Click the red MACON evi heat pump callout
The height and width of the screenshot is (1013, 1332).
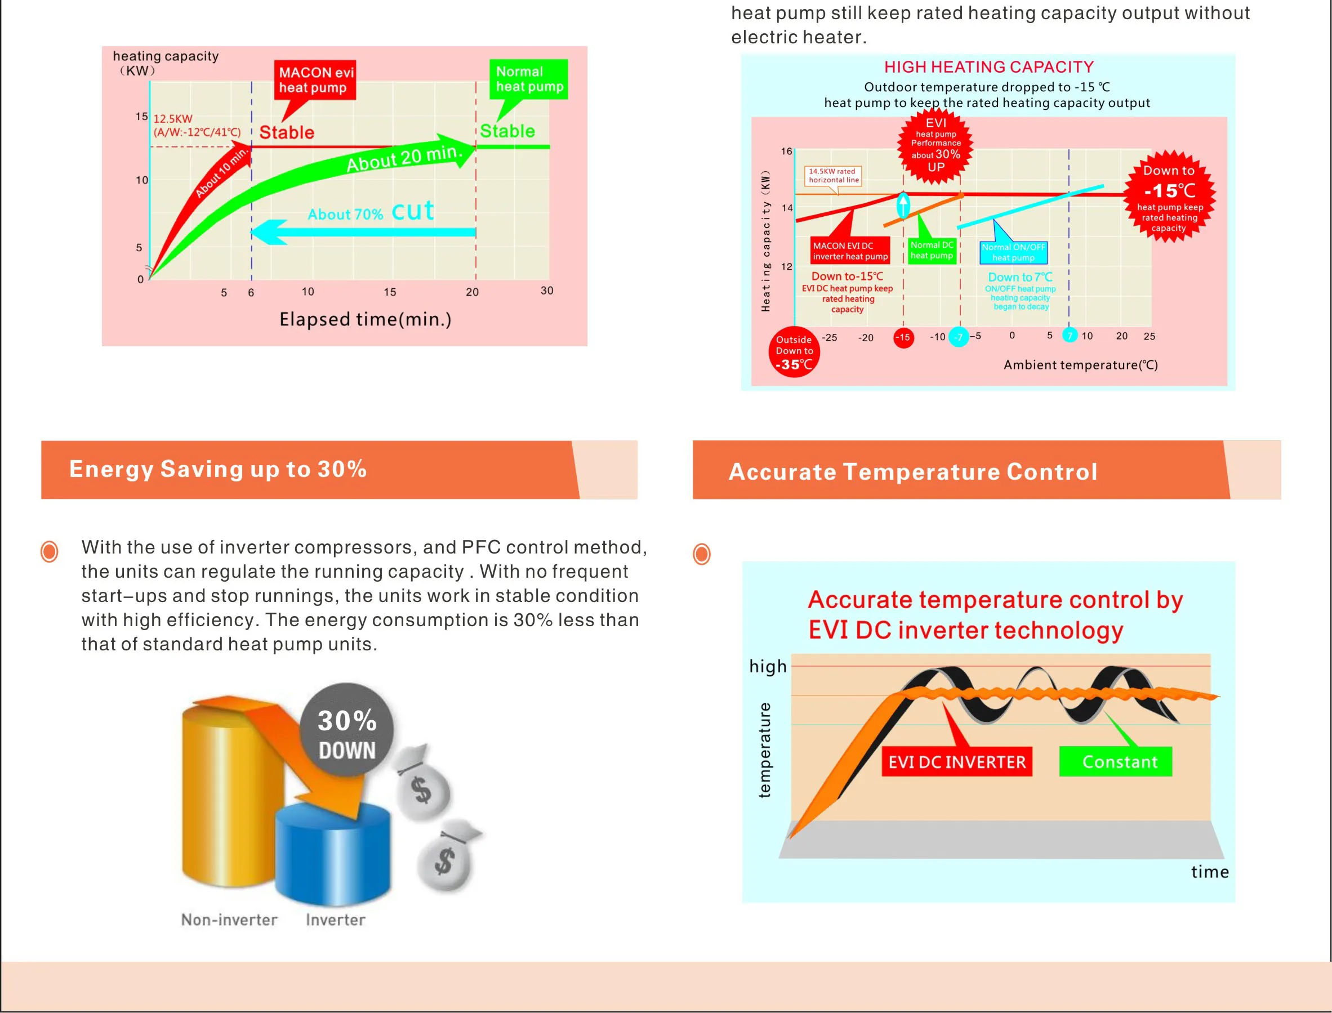click(x=315, y=80)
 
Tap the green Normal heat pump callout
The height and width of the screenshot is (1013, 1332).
click(x=528, y=79)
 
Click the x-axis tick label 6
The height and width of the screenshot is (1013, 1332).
click(x=251, y=292)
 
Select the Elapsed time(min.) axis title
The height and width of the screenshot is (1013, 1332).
click(x=366, y=319)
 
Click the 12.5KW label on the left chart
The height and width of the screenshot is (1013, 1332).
click(x=173, y=119)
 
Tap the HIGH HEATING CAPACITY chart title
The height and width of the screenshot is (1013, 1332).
click(x=989, y=67)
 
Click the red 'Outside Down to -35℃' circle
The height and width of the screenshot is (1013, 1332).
click(x=794, y=352)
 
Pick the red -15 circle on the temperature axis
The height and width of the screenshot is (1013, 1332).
click(x=903, y=337)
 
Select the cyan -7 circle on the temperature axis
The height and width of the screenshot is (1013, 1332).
click(x=959, y=337)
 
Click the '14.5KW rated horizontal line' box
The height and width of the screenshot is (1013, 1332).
click(x=834, y=176)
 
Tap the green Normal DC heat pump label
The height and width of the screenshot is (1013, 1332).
click(x=932, y=250)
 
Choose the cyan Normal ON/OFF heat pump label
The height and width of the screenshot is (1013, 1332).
click(x=1014, y=252)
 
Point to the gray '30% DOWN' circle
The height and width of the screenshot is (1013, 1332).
click(x=347, y=730)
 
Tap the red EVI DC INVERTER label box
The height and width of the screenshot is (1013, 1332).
click(x=957, y=761)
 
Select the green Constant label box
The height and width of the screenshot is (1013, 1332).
click(x=1116, y=761)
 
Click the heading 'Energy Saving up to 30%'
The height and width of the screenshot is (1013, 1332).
click(x=219, y=469)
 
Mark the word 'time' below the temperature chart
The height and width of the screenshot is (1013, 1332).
click(x=1210, y=871)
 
